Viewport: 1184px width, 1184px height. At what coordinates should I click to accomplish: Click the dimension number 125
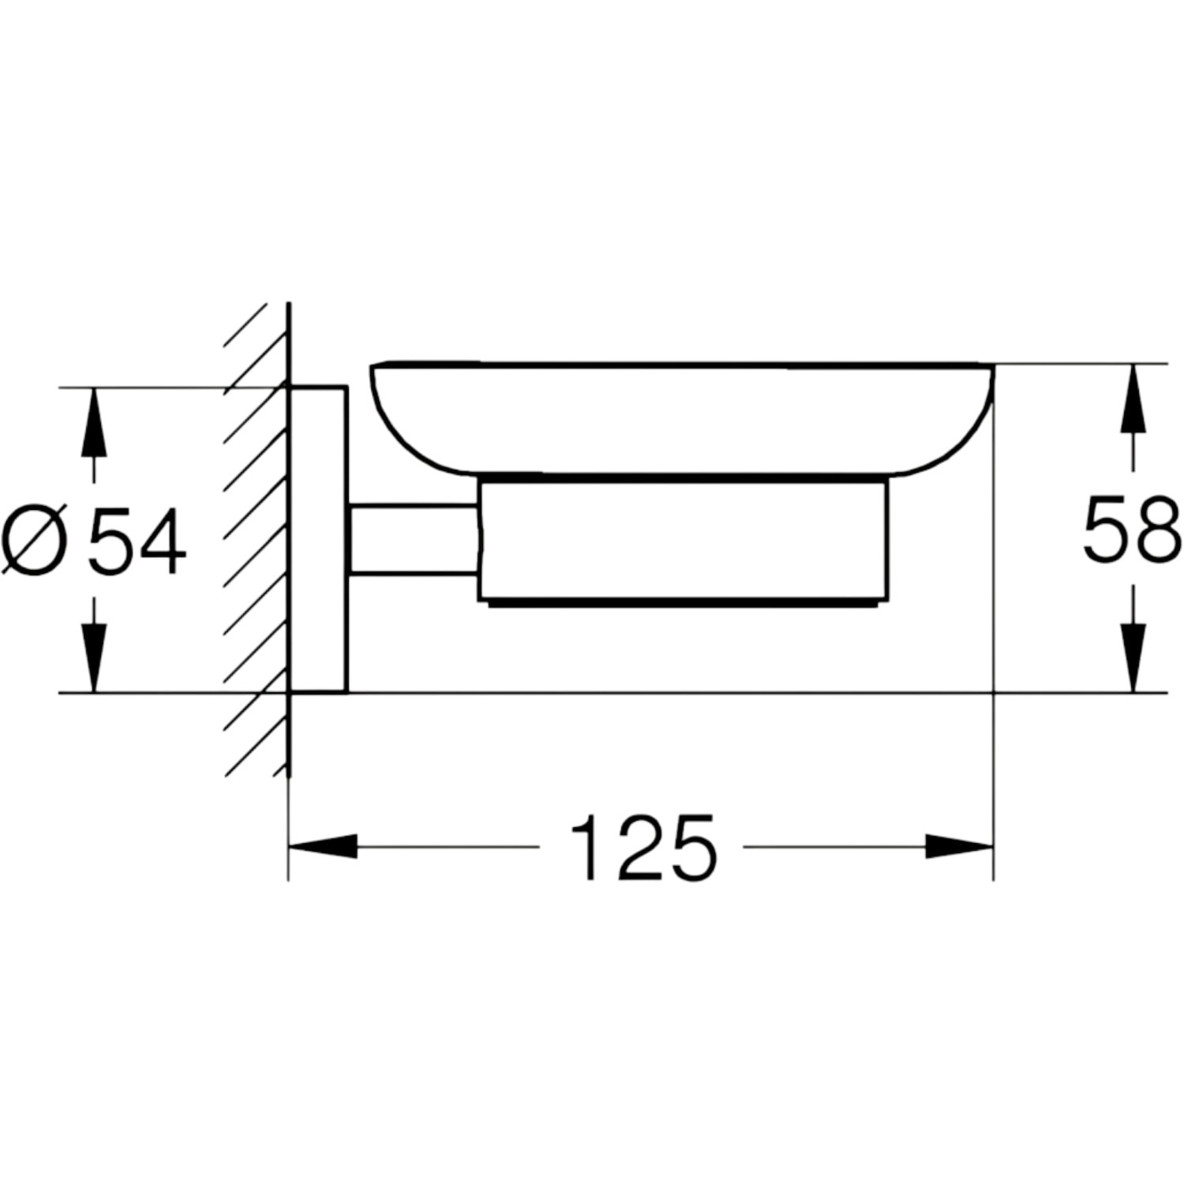642,848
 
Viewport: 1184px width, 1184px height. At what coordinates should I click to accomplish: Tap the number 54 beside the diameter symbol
137,541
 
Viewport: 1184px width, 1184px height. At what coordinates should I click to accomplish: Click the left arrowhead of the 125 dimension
323,848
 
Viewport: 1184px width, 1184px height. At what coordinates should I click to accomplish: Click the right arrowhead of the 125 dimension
958,848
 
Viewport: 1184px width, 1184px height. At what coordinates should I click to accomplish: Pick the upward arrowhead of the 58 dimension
1133,398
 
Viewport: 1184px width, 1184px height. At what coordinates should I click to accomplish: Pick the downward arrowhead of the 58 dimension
1133,658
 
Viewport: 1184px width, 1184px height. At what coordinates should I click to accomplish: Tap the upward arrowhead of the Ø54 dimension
94,422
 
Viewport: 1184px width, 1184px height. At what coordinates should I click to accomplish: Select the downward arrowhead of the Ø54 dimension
94,658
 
